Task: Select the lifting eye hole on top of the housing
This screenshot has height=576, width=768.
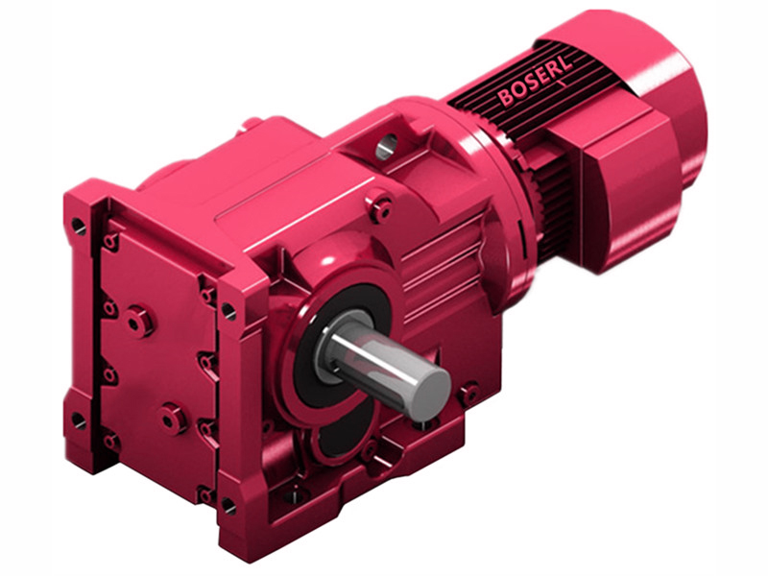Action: (385, 146)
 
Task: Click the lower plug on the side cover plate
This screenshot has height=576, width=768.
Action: (172, 418)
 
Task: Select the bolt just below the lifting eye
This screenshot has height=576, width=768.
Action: (382, 204)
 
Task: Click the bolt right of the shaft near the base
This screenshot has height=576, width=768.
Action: (468, 393)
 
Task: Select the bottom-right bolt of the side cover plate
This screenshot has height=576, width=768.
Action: (204, 494)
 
